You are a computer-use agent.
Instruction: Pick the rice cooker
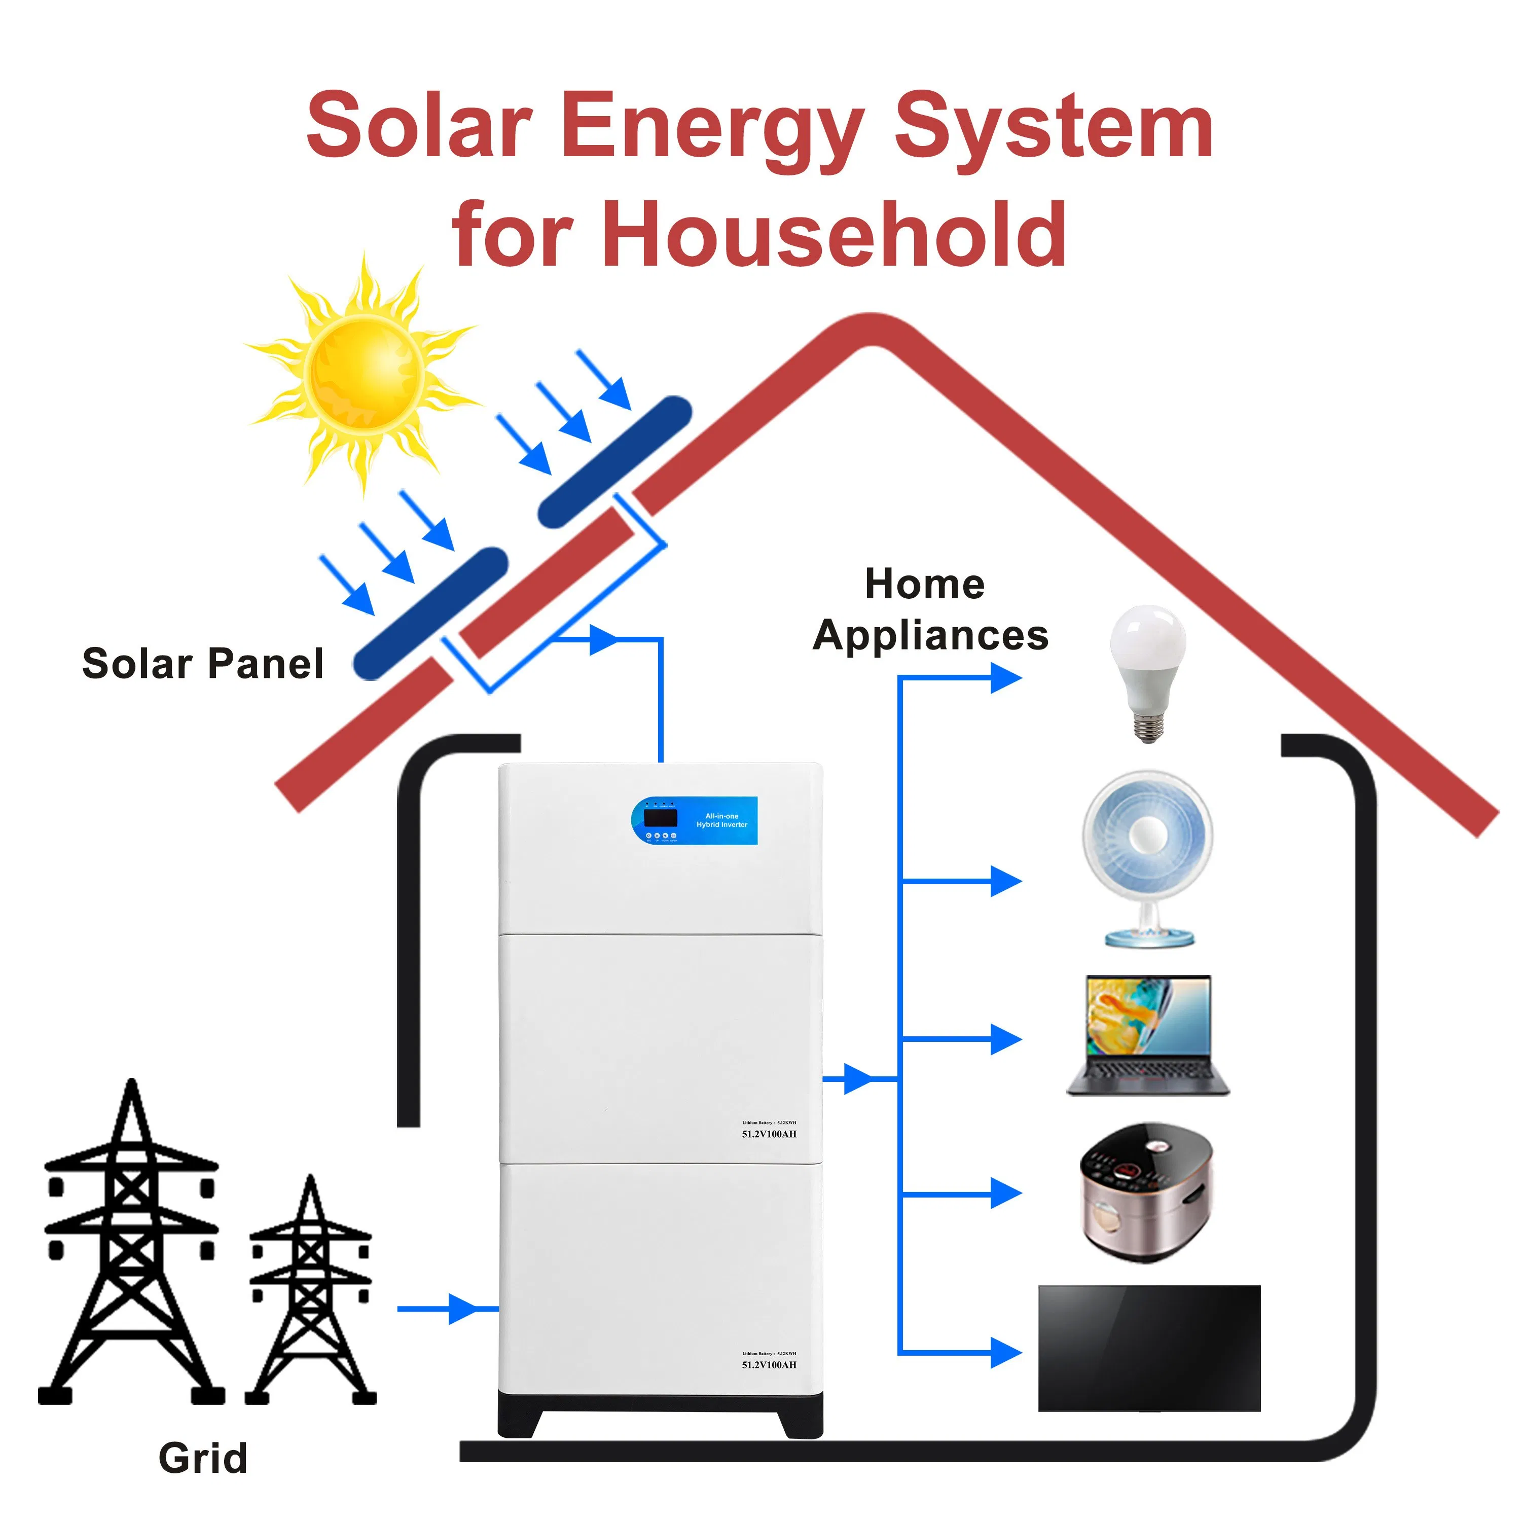pos(1145,1192)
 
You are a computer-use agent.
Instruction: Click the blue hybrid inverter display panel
pos(695,820)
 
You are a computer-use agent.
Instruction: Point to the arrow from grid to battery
pos(460,1309)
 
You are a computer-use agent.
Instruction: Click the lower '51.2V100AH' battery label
pos(769,1364)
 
